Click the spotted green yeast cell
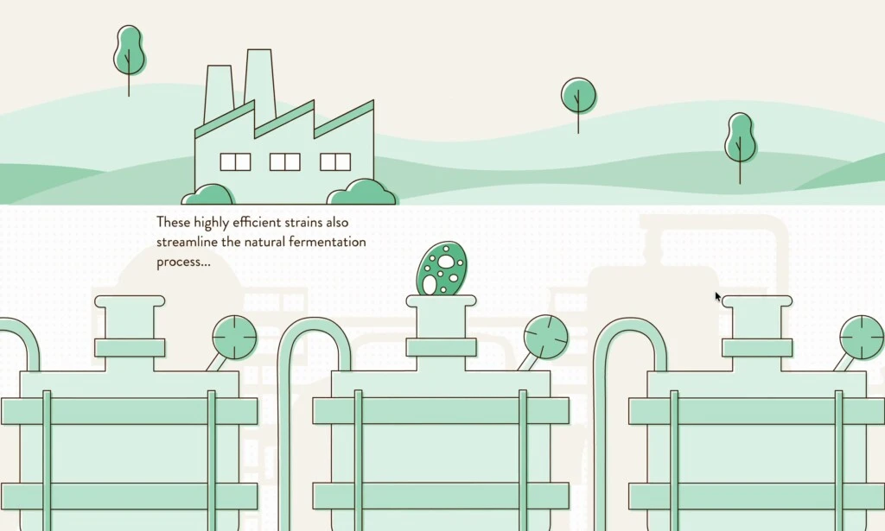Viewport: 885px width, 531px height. [x=442, y=269]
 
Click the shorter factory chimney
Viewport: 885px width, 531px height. [x=219, y=93]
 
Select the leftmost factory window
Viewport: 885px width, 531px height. [x=235, y=161]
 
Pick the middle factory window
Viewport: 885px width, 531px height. [x=285, y=161]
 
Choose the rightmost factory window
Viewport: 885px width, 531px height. [x=335, y=161]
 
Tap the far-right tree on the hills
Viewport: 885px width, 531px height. [x=740, y=147]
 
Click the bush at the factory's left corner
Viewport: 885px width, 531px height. [x=207, y=194]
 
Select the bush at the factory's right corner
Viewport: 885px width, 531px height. [x=362, y=193]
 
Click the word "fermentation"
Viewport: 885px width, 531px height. [x=327, y=242]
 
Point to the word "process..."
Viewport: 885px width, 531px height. [x=183, y=262]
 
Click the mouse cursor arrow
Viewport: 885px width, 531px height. [x=718, y=297]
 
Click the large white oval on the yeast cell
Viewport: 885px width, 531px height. [x=446, y=261]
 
